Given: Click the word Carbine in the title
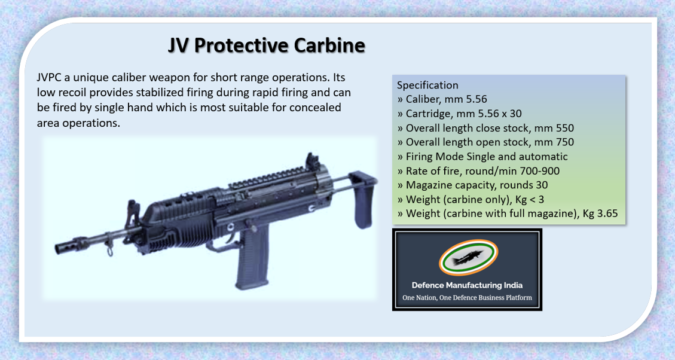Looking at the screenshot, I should click(317, 47).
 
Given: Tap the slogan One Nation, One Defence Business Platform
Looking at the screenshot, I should click(466, 298).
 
